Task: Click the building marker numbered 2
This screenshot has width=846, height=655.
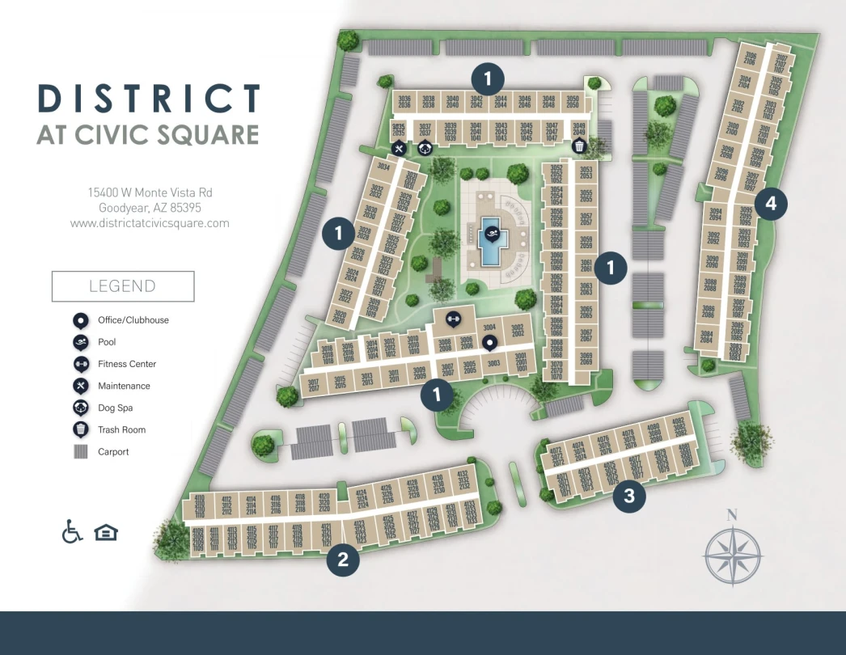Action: pyautogui.click(x=343, y=560)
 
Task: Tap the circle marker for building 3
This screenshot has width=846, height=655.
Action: pyautogui.click(x=629, y=496)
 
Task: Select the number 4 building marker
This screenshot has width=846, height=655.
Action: pyautogui.click(x=771, y=204)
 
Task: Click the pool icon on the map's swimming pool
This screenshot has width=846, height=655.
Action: pyautogui.click(x=490, y=235)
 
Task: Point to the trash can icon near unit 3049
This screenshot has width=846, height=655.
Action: pyautogui.click(x=579, y=146)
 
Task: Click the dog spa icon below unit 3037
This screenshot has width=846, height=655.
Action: pyautogui.click(x=425, y=147)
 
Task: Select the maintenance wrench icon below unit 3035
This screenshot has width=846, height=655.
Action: pyautogui.click(x=399, y=148)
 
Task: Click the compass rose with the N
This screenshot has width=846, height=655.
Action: pyautogui.click(x=733, y=555)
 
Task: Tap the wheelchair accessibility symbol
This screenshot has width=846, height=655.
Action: pyautogui.click(x=73, y=532)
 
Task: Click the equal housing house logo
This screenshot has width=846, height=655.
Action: pyautogui.click(x=106, y=532)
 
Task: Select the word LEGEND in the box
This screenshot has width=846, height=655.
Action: pyautogui.click(x=122, y=286)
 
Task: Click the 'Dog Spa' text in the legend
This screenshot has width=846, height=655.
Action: pyautogui.click(x=116, y=408)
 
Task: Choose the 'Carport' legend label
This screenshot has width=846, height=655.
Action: pyautogui.click(x=113, y=452)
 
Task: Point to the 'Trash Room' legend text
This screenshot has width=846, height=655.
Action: pyautogui.click(x=121, y=429)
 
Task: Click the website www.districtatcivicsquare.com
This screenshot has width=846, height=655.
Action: pyautogui.click(x=150, y=223)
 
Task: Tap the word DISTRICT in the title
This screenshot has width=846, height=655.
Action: pyautogui.click(x=149, y=99)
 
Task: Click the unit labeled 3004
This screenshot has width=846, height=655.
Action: pyautogui.click(x=489, y=327)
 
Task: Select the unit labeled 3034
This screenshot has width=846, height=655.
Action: pyautogui.click(x=383, y=167)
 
